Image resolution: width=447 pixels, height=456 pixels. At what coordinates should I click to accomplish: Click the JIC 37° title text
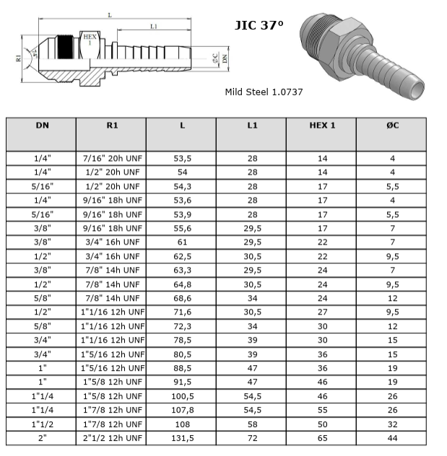point(259,25)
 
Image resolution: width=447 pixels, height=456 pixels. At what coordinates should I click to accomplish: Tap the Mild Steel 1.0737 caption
point(264,92)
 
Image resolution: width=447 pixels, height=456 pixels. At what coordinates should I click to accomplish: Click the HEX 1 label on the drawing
point(90,40)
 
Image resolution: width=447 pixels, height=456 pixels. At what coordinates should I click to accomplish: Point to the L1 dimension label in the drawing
point(154,27)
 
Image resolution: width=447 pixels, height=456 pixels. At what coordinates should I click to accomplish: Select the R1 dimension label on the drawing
point(18,58)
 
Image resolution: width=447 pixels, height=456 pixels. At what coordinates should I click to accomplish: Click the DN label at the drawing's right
point(225,59)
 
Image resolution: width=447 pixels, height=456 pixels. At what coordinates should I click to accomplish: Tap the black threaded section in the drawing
point(65,47)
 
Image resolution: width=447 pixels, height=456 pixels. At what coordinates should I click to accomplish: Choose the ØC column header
point(393,126)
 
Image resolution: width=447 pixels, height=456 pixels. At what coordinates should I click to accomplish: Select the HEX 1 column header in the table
point(322,126)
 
